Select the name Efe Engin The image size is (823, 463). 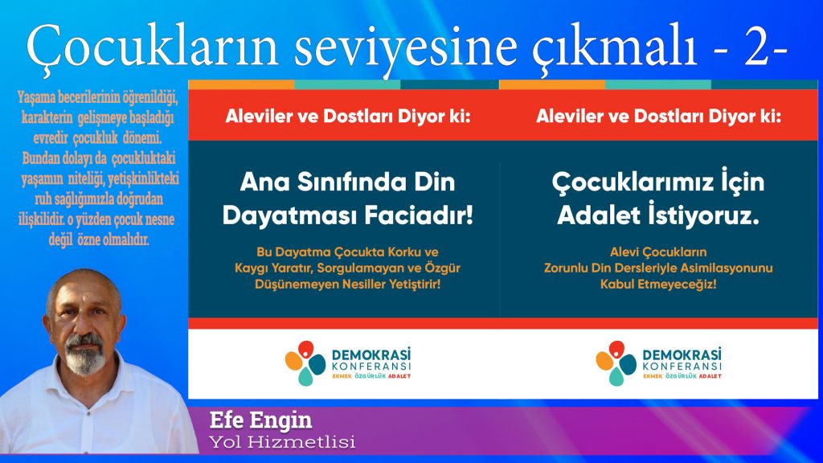click(260, 420)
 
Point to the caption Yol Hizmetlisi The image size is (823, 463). click(282, 442)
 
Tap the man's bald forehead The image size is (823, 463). click(83, 289)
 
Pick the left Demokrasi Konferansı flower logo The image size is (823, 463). click(305, 363)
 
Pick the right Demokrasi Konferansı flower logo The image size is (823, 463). click(616, 363)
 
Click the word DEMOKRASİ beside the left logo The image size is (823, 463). click(371, 354)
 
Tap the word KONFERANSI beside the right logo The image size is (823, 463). click(682, 367)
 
